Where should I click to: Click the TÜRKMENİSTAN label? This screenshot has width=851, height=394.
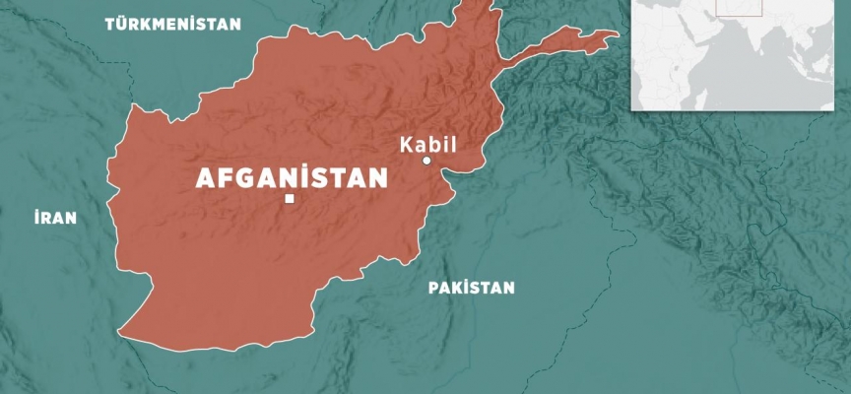pos(172,24)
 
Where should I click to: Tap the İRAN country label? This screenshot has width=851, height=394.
pos(53,218)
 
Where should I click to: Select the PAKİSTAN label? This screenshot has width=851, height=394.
pos(471,288)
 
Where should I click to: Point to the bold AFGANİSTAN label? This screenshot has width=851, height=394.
pos(293,178)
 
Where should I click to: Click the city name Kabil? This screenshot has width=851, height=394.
pos(427,144)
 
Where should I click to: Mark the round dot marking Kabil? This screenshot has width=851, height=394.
pos(426,161)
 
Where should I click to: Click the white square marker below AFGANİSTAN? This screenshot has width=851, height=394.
pos(289,200)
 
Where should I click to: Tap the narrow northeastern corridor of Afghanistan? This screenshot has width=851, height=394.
pos(561,41)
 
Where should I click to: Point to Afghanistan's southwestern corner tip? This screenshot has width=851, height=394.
pos(124,330)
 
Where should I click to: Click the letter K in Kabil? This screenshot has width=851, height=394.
pos(405,144)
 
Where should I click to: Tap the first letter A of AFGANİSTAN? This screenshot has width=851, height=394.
pos(205,179)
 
